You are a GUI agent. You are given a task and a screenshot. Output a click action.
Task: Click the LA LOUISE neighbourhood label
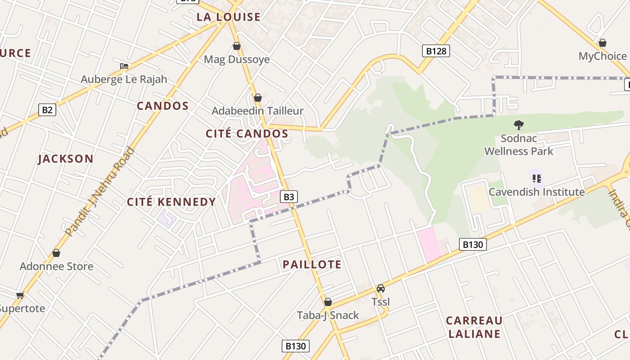(x=229, y=17)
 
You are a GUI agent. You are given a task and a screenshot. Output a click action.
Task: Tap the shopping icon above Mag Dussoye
(x=236, y=46)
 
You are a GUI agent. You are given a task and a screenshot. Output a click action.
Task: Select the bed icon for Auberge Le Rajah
(x=124, y=66)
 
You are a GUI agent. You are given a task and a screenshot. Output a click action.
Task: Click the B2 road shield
(x=47, y=110)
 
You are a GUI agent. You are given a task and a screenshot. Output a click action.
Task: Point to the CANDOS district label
(x=162, y=106)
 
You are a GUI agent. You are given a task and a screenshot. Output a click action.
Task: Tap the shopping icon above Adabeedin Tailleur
(x=257, y=98)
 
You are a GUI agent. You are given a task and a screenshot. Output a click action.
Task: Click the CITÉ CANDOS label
(x=247, y=134)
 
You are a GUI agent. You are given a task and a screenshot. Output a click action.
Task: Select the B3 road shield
(x=289, y=197)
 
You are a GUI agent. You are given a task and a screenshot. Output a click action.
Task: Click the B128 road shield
(x=436, y=51)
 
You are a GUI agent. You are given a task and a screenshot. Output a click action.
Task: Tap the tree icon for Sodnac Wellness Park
(x=518, y=125)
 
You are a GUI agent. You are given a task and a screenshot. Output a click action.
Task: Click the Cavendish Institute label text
(x=536, y=192)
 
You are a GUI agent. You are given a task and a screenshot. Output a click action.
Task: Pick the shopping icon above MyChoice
(x=602, y=43)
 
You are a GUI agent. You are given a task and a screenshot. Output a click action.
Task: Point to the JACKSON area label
(x=66, y=159)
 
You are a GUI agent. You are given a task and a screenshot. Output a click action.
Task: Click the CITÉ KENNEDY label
(x=171, y=202)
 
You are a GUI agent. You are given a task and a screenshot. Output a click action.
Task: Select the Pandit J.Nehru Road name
(x=100, y=192)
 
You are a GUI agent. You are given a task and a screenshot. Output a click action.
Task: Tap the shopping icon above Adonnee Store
(x=56, y=253)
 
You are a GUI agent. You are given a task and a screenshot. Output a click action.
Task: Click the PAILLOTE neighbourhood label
(x=312, y=265)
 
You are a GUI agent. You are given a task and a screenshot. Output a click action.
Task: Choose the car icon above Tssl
(x=380, y=288)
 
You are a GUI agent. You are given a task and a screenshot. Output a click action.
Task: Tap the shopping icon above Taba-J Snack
(x=328, y=302)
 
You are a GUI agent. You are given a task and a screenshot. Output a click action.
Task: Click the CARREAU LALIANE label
(x=474, y=327)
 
